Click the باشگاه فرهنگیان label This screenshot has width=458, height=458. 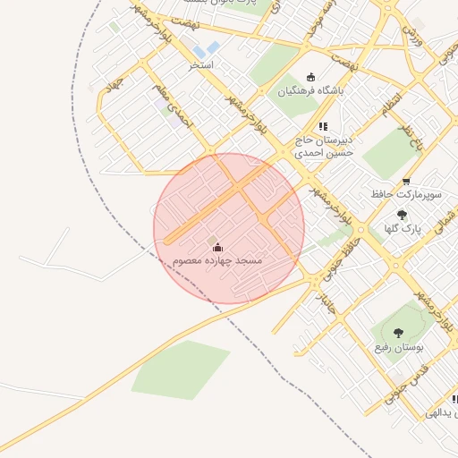point(310,90)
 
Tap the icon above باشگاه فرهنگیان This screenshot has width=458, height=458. point(310,77)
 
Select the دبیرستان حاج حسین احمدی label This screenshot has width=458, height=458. point(326,147)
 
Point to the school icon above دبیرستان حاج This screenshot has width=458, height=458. point(322,127)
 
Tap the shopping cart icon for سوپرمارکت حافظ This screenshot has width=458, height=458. point(406,182)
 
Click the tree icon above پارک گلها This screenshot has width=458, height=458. point(401,214)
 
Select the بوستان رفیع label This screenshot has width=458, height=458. point(398,346)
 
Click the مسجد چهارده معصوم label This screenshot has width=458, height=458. point(217,259)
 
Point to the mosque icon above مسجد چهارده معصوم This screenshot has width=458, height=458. point(217,246)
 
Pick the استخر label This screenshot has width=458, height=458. point(200,65)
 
